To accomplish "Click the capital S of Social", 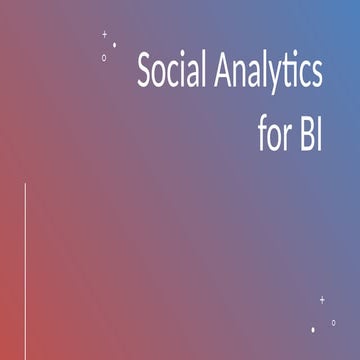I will click(144, 73).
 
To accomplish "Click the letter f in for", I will click(260, 134).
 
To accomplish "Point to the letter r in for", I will click(287, 137).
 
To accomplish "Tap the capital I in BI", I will click(319, 135).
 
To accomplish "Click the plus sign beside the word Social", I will click(105, 34).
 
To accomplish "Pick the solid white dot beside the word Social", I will click(114, 45).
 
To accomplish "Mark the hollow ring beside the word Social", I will click(104, 57).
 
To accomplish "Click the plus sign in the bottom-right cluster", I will click(322, 299).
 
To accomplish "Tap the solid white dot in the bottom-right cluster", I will click(313, 328).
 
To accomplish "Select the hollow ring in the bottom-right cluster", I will click(333, 322).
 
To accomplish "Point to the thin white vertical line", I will click(25, 270).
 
